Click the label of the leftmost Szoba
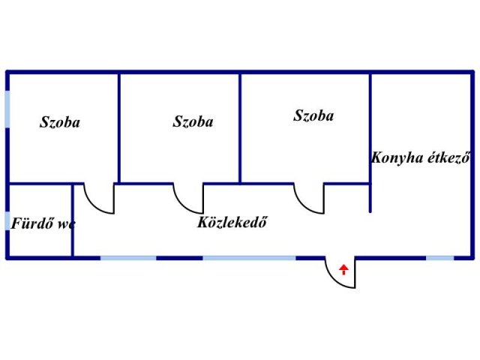[x=60, y=122]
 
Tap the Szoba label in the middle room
[x=193, y=121]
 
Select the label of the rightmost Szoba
[x=313, y=116]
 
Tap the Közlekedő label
[x=233, y=223]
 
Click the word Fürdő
[x=30, y=223]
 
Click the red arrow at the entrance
[x=343, y=269]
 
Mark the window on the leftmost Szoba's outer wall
[x=7, y=109]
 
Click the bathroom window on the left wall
[x=7, y=221]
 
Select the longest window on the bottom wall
[x=249, y=258]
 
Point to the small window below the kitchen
[x=440, y=258]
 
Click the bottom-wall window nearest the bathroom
[x=128, y=258]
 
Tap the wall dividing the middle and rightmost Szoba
[x=240, y=127]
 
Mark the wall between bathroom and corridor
[x=73, y=220]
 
